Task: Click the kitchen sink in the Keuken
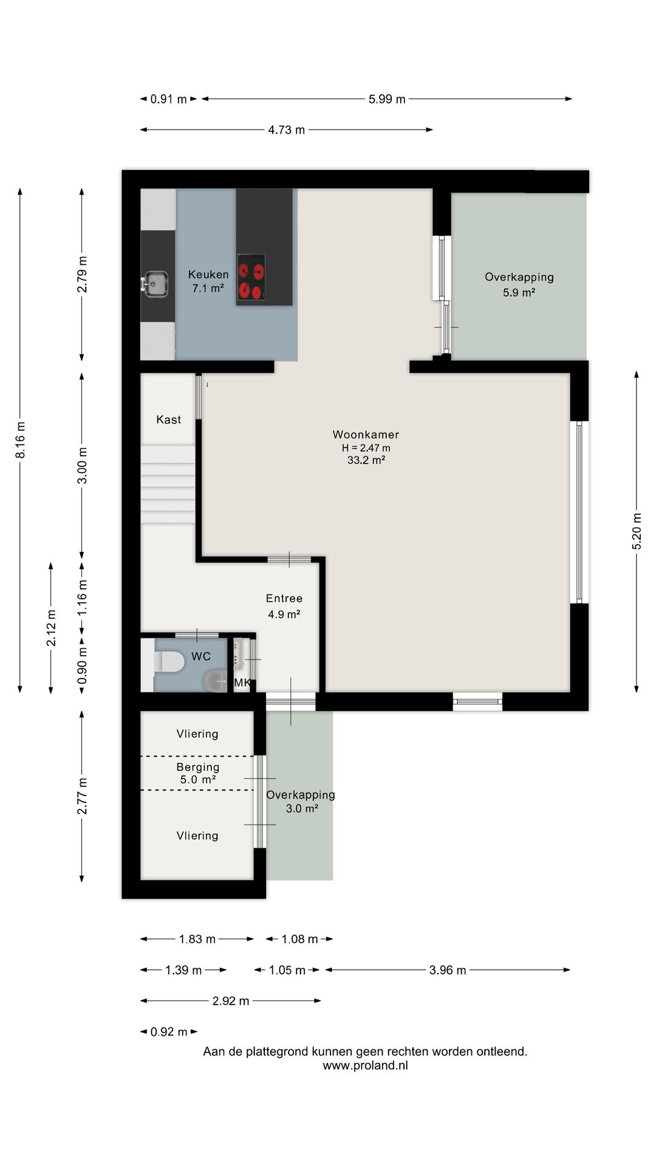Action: click(x=155, y=284)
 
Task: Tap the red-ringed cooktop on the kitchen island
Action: click(x=251, y=277)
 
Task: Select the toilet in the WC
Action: click(x=169, y=662)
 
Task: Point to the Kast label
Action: click(x=168, y=420)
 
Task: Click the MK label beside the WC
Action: click(x=242, y=683)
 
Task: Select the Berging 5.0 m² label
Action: click(x=198, y=773)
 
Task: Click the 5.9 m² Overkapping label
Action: click(x=519, y=284)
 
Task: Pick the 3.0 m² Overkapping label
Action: click(x=301, y=802)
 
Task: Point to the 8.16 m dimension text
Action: click(x=20, y=440)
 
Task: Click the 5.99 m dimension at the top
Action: click(x=387, y=99)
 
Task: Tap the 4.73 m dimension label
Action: click(x=287, y=130)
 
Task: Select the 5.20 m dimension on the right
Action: click(x=637, y=531)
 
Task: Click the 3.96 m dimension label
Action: click(x=448, y=970)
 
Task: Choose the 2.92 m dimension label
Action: click(x=231, y=1001)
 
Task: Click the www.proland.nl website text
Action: click(x=365, y=1065)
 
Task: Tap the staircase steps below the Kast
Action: click(x=168, y=484)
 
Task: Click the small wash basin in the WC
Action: click(x=214, y=681)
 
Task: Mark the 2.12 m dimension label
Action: click(x=51, y=628)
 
